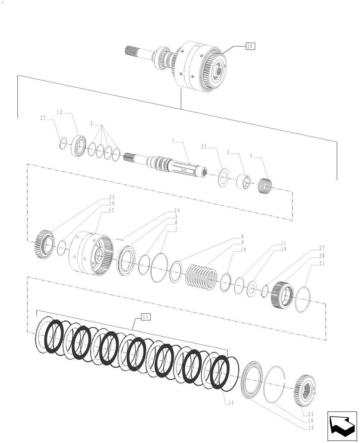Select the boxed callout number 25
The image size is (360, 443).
click(146, 316)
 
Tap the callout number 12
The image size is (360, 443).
click(60, 112)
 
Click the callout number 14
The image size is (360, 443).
click(177, 210)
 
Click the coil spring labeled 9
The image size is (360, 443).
click(199, 277)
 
